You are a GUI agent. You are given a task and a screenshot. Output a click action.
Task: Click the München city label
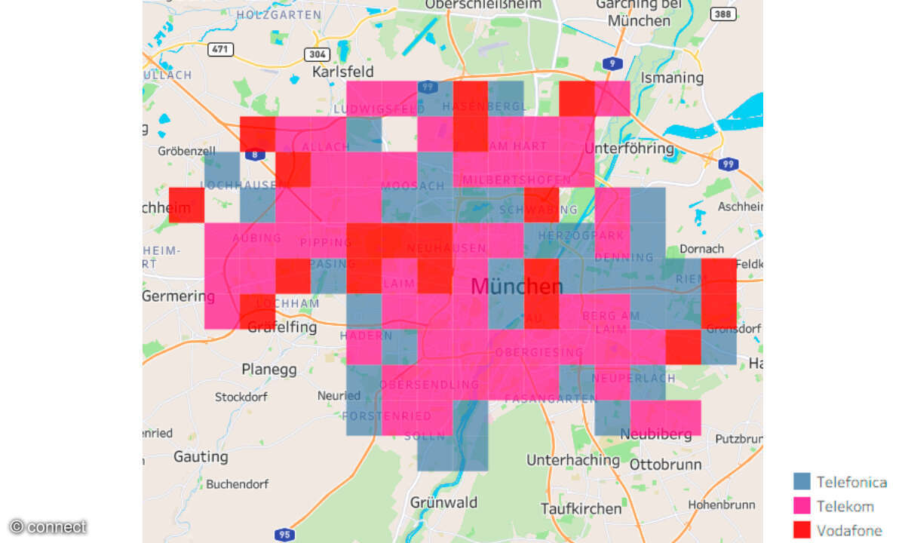[x=517, y=287]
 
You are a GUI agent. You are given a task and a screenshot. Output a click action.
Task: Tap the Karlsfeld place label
[x=343, y=72]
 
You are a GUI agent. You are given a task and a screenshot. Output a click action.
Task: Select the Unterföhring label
[x=629, y=148]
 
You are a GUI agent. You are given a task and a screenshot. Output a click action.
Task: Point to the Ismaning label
[x=671, y=78]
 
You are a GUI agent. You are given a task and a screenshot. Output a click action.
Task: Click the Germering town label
[x=178, y=296]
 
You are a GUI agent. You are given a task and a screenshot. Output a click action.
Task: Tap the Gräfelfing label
[x=282, y=327]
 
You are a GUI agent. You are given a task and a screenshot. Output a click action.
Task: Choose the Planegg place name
[x=269, y=370]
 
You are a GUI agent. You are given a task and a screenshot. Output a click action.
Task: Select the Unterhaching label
[x=573, y=459]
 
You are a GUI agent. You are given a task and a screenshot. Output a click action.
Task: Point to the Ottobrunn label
[x=665, y=464]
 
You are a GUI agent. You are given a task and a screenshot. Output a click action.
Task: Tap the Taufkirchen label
[x=581, y=508]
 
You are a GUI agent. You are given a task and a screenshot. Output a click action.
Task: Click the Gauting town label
[x=201, y=456]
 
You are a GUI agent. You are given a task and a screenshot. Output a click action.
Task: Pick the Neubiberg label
[x=655, y=434]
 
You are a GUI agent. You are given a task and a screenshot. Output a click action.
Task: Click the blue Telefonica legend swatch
[x=802, y=482]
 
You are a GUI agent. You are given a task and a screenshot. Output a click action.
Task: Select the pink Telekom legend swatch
[x=802, y=505]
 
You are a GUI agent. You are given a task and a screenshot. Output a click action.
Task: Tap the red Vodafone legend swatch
[x=802, y=529]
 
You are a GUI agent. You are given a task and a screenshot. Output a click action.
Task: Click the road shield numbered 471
[x=221, y=50]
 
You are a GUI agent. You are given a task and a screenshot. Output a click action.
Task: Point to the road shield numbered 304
[x=318, y=54]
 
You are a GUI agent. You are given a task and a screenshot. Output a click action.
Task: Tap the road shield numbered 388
[x=723, y=14]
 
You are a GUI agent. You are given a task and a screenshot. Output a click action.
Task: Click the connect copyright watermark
[x=48, y=526]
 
